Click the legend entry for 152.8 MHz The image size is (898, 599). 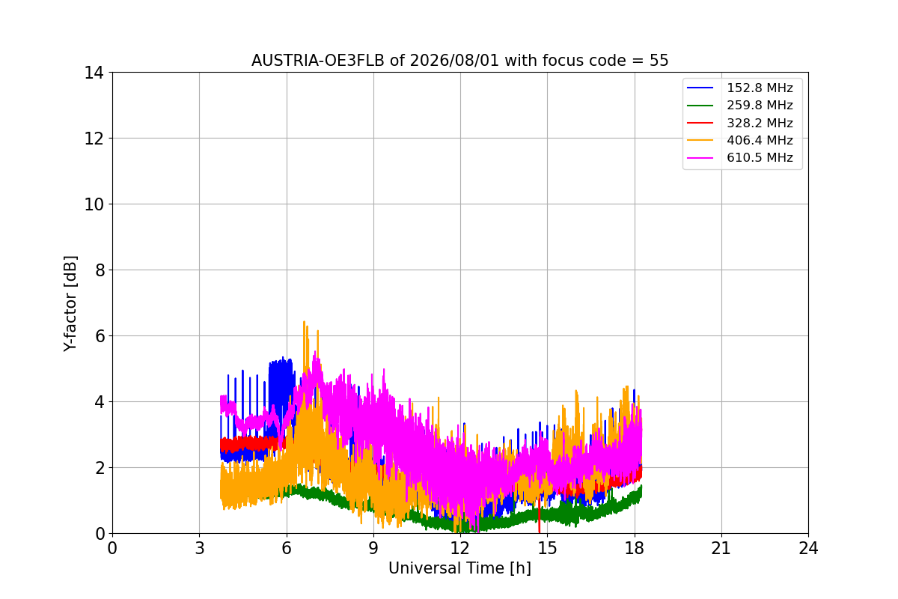click(740, 88)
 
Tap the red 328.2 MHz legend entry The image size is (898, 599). click(740, 123)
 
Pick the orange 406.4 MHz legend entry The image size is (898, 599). click(740, 140)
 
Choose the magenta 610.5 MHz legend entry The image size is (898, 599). click(740, 157)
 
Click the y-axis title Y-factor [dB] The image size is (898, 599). click(70, 304)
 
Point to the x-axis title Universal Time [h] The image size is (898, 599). click(459, 568)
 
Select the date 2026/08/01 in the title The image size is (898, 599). click(455, 61)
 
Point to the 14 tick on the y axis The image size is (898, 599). click(94, 73)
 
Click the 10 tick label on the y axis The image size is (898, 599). click(94, 204)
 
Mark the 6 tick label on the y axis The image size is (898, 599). click(100, 336)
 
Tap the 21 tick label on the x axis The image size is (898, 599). click(721, 548)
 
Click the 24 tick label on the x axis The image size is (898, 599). click(808, 548)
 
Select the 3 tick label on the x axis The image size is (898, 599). click(200, 548)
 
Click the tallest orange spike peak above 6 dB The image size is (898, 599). click(304, 322)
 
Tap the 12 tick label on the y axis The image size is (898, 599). click(94, 139)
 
